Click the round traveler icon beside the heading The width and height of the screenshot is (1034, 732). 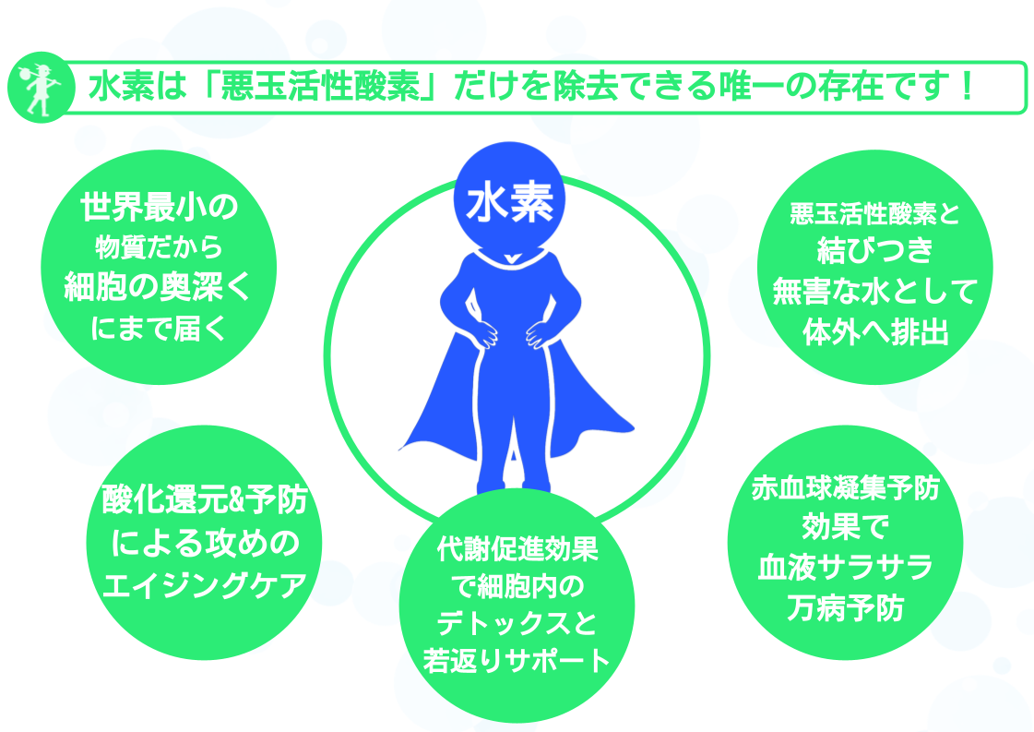pos(41,87)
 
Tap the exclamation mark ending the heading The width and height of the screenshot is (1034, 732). pos(968,87)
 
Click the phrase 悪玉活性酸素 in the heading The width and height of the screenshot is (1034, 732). pos(320,87)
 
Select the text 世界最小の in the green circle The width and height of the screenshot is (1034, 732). pos(159,208)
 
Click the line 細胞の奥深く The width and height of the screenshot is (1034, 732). pos(159,287)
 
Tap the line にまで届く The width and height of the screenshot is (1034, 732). pos(159,328)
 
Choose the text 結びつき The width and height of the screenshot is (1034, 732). pos(875,250)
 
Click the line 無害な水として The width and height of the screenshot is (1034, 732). pos(875,291)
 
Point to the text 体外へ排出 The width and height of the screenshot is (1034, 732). pos(875,332)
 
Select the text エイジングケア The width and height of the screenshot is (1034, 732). pos(205,585)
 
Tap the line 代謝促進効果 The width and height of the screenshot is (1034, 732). pos(517,549)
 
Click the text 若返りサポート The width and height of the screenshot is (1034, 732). pos(517,661)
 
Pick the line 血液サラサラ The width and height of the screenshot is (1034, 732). pos(846,568)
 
